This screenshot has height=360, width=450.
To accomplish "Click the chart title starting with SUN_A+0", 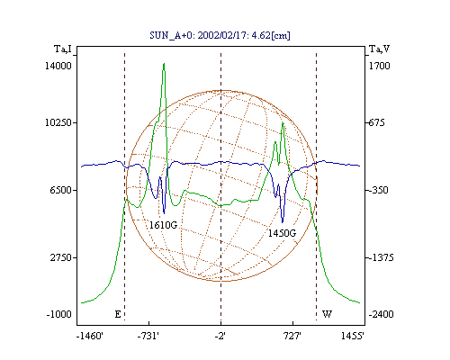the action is (220, 35).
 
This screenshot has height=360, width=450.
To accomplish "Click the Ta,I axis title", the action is (63, 49).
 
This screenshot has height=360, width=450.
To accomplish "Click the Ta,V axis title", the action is (380, 49).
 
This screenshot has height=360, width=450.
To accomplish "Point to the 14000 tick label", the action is (58, 66).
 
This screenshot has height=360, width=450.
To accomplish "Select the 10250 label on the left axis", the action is (58, 122).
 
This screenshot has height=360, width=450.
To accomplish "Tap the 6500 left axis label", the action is (60, 190).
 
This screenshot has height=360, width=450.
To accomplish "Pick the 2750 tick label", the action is (60, 257).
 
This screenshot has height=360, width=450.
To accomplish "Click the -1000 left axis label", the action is (58, 314).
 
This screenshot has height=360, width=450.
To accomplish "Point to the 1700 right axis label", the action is (379, 66).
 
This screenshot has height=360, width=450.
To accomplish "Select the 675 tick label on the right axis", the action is (376, 122).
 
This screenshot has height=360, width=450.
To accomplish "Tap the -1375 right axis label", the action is (381, 257).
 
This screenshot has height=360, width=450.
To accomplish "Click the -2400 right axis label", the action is (381, 314).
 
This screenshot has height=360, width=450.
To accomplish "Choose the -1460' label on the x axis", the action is (90, 336).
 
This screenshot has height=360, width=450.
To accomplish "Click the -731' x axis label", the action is (148, 336).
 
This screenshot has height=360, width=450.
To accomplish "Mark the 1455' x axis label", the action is (353, 336).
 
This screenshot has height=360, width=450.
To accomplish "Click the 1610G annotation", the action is (163, 225).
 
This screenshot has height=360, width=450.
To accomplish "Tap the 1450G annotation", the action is (282, 233).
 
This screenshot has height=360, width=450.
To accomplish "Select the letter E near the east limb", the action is (118, 314).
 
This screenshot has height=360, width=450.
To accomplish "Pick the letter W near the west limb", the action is (327, 314).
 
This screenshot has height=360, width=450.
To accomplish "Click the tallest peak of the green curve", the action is (164, 64).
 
